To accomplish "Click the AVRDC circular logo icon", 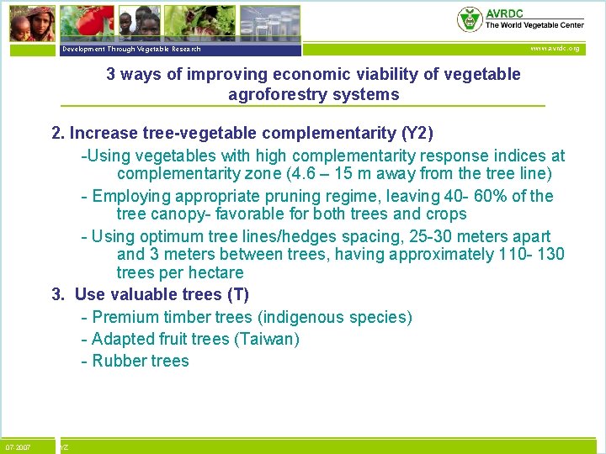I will [x=469, y=18].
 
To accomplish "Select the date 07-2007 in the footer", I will [x=18, y=447].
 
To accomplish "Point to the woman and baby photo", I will [x=31, y=23].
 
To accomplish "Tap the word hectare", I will [x=215, y=272].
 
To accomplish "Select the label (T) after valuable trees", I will [x=238, y=294].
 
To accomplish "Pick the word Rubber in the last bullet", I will [x=118, y=361].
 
